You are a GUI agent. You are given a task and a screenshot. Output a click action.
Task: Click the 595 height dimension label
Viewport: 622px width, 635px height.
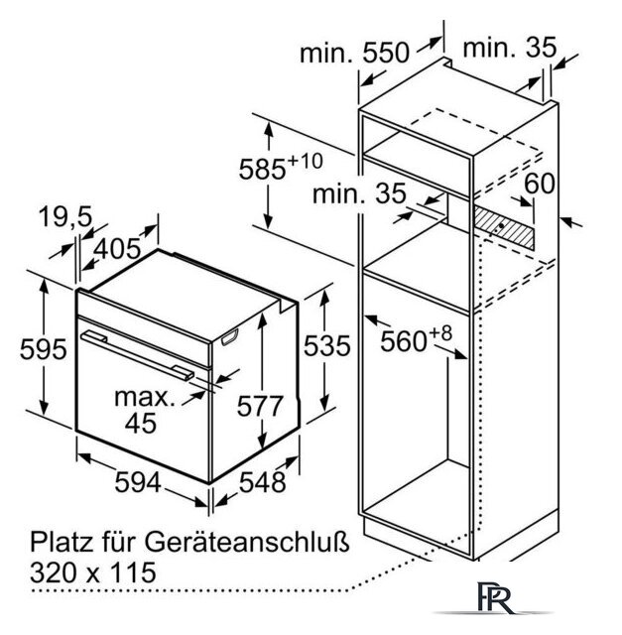pos(43,349)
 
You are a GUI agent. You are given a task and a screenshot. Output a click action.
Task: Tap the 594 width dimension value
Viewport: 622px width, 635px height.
pos(138,482)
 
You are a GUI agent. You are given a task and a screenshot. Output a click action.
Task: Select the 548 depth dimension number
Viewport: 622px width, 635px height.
pos(263,482)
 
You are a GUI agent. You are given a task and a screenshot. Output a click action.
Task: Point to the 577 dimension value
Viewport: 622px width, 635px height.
pos(259,406)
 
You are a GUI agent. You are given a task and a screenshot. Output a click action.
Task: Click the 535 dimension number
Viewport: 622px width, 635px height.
pos(326,346)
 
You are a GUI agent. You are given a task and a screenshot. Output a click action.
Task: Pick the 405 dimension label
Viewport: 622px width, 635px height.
pos(117,249)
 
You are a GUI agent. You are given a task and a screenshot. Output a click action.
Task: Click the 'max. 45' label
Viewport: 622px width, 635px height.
pos(144,410)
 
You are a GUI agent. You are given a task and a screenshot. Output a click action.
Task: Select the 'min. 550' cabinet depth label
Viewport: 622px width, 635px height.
pos(354,53)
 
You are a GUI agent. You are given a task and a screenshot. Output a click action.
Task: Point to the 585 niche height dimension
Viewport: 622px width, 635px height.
pos(281,166)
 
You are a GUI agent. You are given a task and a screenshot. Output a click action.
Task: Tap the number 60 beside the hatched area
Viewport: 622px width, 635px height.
pos(540,183)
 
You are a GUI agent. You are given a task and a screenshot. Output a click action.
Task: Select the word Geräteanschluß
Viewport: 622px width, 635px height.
pos(247,543)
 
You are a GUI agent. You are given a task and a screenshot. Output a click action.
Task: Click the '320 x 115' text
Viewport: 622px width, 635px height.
pos(93,571)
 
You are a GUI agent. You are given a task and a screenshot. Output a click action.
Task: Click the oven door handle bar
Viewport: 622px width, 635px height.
pos(137,355)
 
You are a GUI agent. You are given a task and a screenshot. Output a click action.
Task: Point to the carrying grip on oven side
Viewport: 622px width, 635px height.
pos(229,337)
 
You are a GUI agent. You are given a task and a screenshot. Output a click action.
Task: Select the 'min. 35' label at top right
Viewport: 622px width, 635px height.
pos(510,48)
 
